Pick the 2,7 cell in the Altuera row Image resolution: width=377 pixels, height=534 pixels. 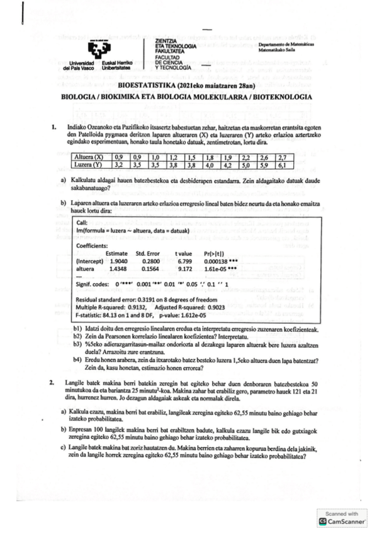pos(283,157)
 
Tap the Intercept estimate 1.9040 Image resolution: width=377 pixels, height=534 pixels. pos(119,260)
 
